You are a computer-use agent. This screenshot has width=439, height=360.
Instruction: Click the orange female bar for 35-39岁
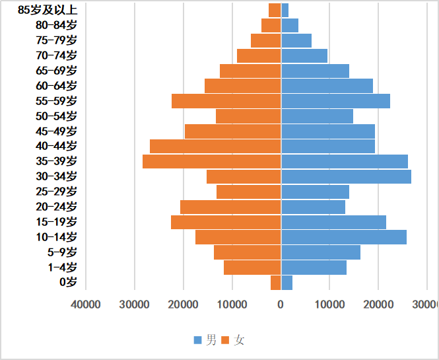(212, 161)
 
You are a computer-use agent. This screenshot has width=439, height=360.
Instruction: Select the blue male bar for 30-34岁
(346, 176)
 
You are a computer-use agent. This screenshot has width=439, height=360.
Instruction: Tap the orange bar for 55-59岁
(226, 101)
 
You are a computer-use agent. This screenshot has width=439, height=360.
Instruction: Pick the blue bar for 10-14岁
(344, 237)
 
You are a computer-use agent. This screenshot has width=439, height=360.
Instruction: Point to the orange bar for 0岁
(276, 283)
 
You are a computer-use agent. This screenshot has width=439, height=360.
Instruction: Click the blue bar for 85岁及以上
(285, 10)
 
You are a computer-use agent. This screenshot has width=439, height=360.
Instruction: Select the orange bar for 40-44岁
(215, 146)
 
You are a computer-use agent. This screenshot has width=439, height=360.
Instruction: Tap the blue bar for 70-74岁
(304, 55)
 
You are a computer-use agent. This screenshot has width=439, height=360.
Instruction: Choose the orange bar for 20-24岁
(230, 207)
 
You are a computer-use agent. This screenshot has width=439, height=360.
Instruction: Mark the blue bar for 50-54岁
(317, 116)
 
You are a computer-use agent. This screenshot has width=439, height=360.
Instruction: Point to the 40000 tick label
(86, 304)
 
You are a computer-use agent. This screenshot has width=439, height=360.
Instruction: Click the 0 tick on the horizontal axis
(281, 304)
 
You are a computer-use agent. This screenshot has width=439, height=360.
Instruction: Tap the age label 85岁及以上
(48, 10)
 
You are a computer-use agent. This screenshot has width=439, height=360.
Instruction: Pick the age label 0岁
(68, 283)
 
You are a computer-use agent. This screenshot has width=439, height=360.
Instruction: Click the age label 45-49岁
(56, 131)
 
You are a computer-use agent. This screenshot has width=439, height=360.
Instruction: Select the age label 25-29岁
(56, 192)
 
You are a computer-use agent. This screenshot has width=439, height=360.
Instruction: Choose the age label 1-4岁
(62, 268)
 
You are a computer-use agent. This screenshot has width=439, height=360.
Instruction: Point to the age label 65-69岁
(56, 71)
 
